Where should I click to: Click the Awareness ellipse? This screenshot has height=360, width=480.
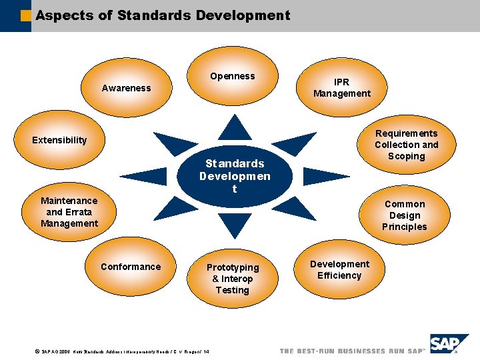(127, 88)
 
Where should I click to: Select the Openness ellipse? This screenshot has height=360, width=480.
(233, 77)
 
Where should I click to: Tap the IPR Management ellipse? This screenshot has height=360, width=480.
(341, 88)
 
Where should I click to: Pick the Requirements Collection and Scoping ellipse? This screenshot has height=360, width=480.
(406, 145)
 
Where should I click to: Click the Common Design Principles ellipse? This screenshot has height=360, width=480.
(404, 215)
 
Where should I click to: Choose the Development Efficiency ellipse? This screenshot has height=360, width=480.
(339, 270)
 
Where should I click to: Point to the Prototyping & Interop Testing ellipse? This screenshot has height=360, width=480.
(232, 279)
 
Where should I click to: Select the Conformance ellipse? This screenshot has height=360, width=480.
(131, 267)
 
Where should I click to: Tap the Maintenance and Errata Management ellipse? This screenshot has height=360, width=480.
(69, 212)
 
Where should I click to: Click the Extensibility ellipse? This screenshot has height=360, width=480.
(60, 140)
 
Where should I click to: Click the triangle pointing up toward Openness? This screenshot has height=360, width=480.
(235, 128)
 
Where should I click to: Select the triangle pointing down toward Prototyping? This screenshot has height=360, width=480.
(235, 225)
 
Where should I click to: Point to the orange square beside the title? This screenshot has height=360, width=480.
(26, 16)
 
